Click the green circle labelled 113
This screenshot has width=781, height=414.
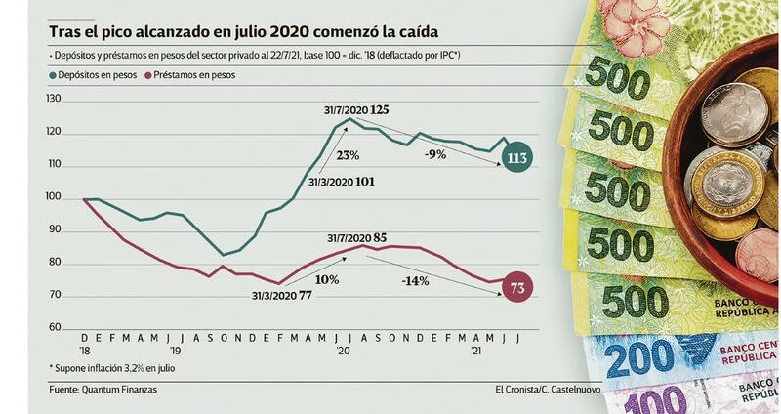516,158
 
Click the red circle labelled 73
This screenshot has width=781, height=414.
516,288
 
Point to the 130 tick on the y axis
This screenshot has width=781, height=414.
54,100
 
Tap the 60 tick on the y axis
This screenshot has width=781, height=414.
56,328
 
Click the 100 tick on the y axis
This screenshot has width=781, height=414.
54,197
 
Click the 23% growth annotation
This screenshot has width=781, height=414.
349,155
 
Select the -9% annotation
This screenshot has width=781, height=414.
436,153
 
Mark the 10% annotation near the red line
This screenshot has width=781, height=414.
327,279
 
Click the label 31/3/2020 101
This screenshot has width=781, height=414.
341,181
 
